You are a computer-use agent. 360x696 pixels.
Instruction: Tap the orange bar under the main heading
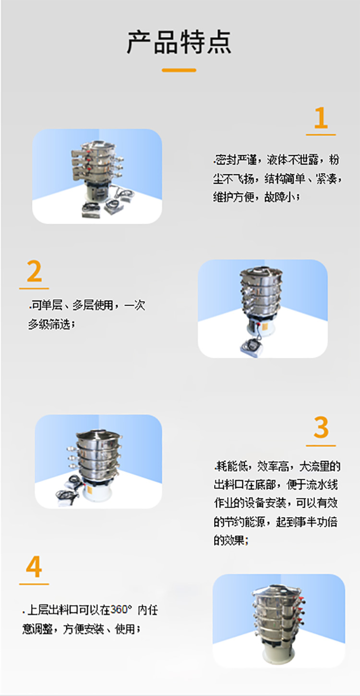[x=179, y=70]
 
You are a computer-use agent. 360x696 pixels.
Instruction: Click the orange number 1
[x=321, y=118]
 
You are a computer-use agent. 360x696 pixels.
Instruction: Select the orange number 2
[x=34, y=272]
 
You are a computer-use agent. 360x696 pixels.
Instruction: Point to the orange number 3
[x=321, y=428]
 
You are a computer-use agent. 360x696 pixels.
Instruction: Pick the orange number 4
[x=34, y=567]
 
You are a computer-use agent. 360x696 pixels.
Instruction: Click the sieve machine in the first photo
[x=96, y=168]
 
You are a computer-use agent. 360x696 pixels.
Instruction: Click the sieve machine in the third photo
[x=98, y=458]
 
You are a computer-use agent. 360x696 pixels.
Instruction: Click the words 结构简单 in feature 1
[x=283, y=178]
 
